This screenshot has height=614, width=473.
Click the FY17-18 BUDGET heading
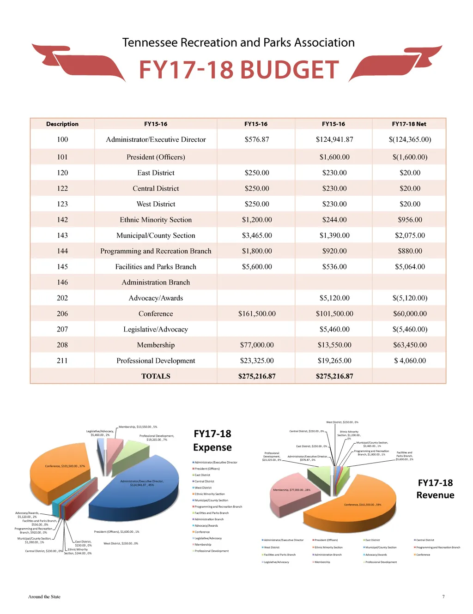(239, 70)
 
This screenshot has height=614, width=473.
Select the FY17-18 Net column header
(409, 124)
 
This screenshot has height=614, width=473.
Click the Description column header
(62, 124)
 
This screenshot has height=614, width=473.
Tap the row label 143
(62, 235)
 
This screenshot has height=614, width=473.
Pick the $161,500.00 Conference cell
(257, 314)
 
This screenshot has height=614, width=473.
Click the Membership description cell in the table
(156, 345)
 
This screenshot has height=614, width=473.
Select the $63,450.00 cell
(410, 345)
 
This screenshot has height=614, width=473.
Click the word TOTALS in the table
(156, 376)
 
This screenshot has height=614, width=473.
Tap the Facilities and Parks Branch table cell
(156, 267)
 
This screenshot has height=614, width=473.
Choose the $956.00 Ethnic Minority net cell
(410, 220)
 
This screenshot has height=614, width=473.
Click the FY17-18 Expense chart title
(212, 440)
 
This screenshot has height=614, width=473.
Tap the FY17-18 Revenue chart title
(435, 489)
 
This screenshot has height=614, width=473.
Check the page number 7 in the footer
(443, 596)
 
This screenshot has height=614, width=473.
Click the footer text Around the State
(44, 596)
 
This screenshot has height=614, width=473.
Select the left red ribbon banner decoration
(79, 62)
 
